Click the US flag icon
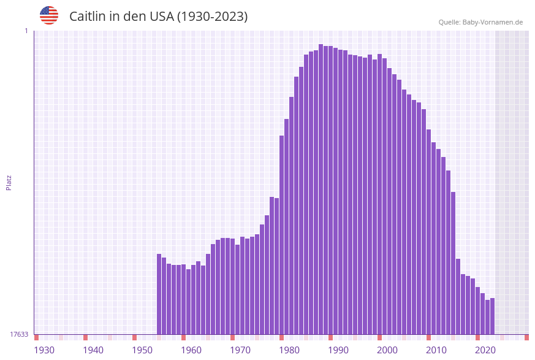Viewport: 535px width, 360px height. point(49,15)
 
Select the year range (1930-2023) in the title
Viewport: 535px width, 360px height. point(212,17)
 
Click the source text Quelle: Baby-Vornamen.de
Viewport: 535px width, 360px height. point(480,22)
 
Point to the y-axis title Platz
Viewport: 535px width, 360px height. point(9,182)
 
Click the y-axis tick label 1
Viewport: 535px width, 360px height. point(26,31)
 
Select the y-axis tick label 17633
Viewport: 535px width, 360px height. point(19,334)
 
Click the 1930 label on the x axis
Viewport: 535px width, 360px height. point(44,350)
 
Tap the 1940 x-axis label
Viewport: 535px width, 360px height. point(93,350)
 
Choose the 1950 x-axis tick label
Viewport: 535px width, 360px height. point(142,350)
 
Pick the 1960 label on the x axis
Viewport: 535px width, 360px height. point(191,350)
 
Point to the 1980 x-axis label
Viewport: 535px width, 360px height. point(289,350)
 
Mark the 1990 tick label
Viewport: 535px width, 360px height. point(338,350)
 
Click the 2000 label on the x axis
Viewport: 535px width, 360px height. point(387,350)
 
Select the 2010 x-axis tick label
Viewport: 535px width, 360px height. point(436,350)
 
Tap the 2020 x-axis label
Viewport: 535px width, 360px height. point(485,350)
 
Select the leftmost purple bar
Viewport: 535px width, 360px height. point(159,294)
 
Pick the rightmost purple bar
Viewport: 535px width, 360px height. point(492,316)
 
